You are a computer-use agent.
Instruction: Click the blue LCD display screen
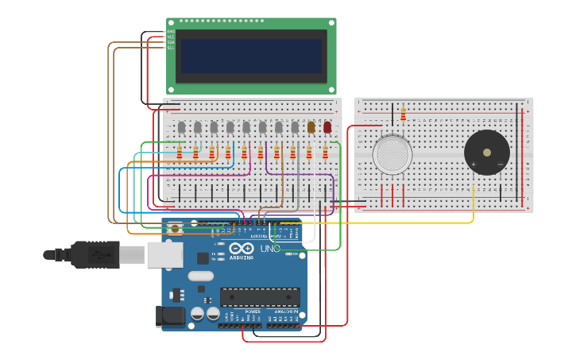(x=251, y=56)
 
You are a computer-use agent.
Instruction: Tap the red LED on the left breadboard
(x=327, y=127)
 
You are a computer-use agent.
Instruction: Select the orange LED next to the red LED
(x=311, y=127)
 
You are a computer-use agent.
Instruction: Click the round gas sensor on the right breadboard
(x=392, y=154)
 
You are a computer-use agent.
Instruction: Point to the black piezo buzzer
(x=486, y=153)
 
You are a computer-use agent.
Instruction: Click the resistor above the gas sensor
(x=403, y=114)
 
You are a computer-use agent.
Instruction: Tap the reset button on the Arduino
(x=175, y=228)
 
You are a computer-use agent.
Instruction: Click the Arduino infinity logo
(x=242, y=249)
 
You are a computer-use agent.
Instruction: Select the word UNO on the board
(x=270, y=249)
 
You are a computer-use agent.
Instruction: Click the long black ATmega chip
(x=260, y=297)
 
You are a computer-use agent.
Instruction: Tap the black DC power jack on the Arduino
(x=170, y=315)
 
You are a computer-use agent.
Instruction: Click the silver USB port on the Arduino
(x=165, y=254)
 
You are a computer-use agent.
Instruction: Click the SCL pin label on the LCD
(x=170, y=48)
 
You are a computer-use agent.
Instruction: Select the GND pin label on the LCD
(x=170, y=32)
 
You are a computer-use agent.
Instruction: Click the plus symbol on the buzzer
(x=474, y=165)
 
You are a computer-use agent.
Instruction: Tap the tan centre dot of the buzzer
(x=486, y=152)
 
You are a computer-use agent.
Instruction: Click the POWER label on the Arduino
(x=253, y=312)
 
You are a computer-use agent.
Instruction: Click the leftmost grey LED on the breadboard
(x=181, y=127)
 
